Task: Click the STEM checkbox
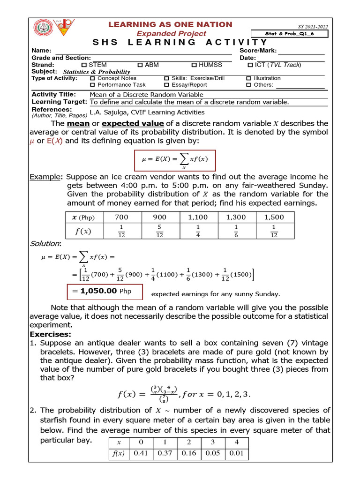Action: click(x=84, y=65)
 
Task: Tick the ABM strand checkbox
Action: click(x=140, y=65)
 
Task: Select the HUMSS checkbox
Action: click(x=194, y=65)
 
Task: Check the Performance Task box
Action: click(x=92, y=85)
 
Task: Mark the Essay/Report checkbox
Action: click(x=166, y=85)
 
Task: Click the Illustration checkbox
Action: click(x=248, y=78)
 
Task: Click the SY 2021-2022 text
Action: click(x=313, y=27)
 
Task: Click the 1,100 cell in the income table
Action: click(x=197, y=217)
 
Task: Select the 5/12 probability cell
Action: click(x=159, y=231)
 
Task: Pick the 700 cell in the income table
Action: click(x=121, y=217)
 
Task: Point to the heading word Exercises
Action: click(x=50, y=334)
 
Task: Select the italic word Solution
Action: click(x=45, y=244)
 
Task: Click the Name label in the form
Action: click(x=40, y=51)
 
